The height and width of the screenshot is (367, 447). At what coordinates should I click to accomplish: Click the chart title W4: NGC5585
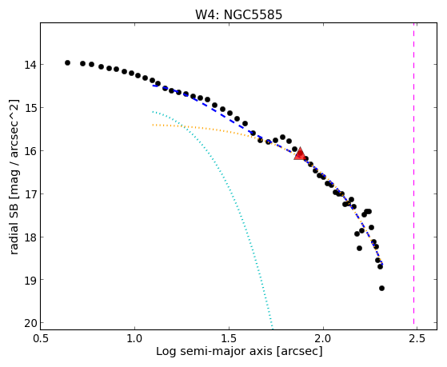(x=238, y=14)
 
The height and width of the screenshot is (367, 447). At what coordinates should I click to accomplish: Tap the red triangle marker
(x=300, y=154)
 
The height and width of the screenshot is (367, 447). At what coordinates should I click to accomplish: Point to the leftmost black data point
(x=67, y=62)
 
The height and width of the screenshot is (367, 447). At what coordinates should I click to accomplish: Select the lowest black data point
(x=381, y=289)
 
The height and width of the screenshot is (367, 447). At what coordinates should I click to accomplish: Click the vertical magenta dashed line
(x=413, y=176)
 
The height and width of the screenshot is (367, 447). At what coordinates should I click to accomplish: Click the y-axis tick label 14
(x=30, y=65)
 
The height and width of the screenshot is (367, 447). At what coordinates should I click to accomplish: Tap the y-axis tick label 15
(x=30, y=108)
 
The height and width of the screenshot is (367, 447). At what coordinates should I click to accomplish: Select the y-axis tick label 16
(x=30, y=151)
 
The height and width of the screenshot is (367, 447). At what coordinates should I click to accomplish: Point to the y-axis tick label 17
(x=30, y=194)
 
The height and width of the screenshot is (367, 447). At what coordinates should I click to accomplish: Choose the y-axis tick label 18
(x=30, y=237)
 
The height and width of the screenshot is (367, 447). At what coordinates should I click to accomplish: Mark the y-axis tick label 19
(x=30, y=280)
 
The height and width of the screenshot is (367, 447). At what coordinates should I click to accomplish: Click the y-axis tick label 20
(x=30, y=323)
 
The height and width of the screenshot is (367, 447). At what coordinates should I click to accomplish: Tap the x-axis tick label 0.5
(x=41, y=339)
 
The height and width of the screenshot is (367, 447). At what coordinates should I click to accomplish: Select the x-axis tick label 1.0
(x=135, y=339)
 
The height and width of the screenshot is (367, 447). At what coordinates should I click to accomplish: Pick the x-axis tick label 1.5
(x=229, y=339)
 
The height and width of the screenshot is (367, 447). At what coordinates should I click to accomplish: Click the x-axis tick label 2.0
(x=323, y=339)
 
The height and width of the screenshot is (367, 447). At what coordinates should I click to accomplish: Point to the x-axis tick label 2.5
(x=417, y=339)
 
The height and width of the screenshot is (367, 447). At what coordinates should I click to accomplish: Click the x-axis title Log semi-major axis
(x=214, y=352)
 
